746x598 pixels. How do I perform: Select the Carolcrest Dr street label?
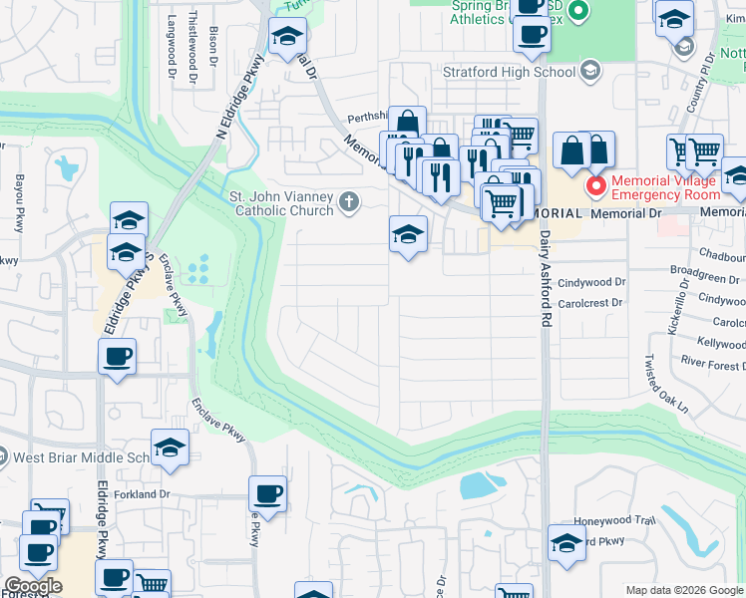point(590,302)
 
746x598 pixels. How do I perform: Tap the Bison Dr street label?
point(213,48)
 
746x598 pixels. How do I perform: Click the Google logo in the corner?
point(33,586)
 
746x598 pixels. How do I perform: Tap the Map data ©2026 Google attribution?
point(684,590)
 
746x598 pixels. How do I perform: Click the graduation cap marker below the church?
point(407,235)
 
